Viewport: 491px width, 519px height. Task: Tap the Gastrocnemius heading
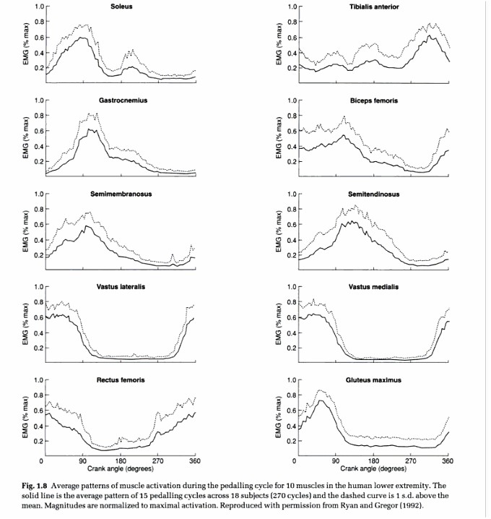123,100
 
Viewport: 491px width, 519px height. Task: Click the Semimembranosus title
121,194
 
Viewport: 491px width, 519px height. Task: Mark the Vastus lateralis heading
121,287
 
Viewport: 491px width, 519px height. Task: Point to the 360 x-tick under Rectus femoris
194,460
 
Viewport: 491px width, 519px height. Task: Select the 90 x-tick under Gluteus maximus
335,460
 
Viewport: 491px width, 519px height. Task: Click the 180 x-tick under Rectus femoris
120,460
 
